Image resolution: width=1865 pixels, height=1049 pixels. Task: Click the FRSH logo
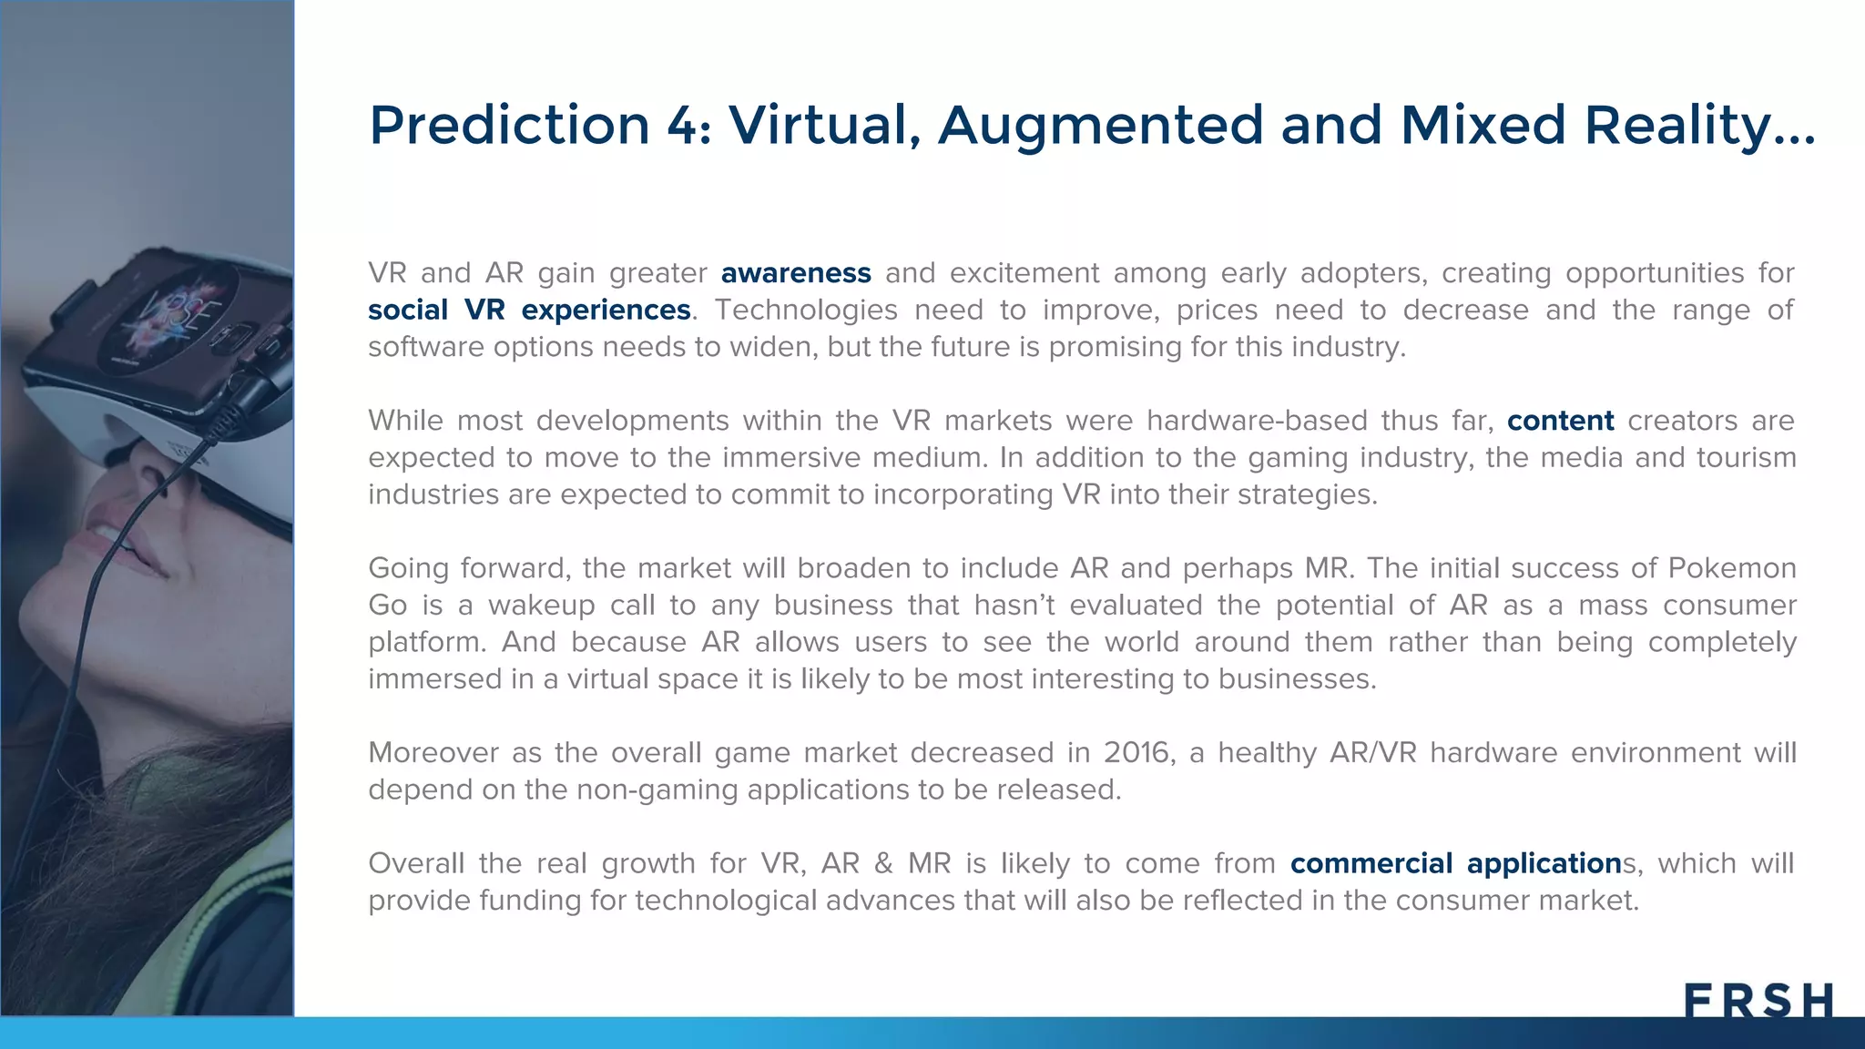1758,1000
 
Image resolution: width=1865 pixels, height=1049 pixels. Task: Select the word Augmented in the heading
1100,125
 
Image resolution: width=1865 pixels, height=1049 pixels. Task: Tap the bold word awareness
796,273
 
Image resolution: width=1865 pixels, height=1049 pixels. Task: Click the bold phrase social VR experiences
529,311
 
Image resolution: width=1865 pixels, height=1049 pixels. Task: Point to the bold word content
1560,421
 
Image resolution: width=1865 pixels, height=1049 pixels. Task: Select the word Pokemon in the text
1731,568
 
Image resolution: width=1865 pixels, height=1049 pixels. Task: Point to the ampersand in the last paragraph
883,863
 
